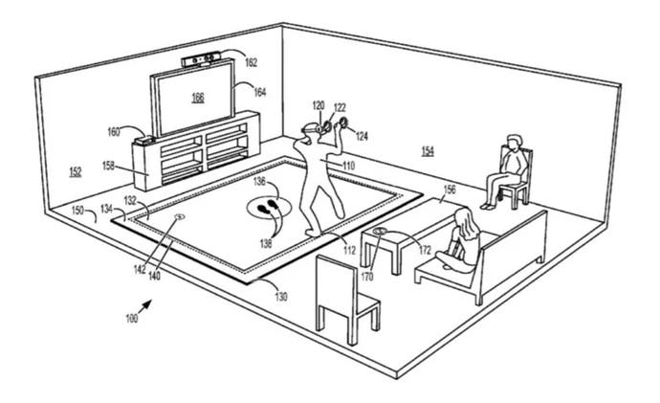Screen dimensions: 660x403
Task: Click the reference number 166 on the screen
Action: (x=198, y=98)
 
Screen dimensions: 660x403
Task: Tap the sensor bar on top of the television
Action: (x=202, y=59)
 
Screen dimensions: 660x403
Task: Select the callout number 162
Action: (x=251, y=63)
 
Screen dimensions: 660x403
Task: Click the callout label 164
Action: (x=260, y=92)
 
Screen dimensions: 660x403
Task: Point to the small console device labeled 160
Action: (x=144, y=140)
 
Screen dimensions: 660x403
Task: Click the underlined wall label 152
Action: (x=76, y=171)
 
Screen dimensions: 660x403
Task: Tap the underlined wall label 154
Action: (x=428, y=150)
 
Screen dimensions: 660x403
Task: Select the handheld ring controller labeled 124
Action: (x=343, y=123)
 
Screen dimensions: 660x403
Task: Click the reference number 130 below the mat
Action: (x=281, y=297)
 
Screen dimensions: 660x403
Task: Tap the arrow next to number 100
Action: (x=145, y=306)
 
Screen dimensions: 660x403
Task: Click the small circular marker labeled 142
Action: (x=180, y=217)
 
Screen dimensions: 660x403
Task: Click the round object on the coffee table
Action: (x=380, y=231)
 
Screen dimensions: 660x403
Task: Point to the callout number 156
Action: (x=450, y=190)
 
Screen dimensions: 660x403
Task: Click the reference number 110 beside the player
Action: (x=348, y=166)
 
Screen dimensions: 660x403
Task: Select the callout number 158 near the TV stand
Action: (x=109, y=166)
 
